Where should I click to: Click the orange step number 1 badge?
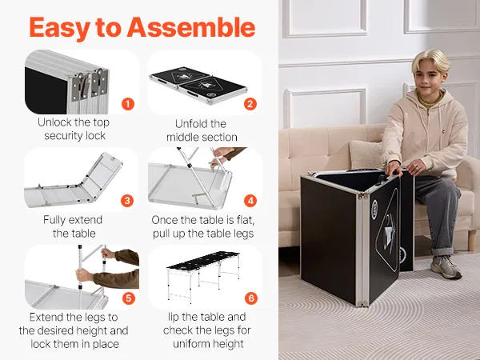128,104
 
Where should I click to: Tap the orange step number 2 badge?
250,104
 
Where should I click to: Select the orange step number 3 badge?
127,201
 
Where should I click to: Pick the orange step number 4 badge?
250,201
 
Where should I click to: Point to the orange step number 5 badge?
129,298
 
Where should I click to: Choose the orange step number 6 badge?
251,298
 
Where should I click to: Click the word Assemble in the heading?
191,27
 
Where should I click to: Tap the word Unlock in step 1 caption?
54,122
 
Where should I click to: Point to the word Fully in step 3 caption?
55,221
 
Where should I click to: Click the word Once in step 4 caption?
165,220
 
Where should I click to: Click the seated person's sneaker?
446,267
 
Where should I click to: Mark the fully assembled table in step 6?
203,276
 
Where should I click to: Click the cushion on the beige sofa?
366,155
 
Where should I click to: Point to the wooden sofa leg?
472,241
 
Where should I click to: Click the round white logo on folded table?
374,210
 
